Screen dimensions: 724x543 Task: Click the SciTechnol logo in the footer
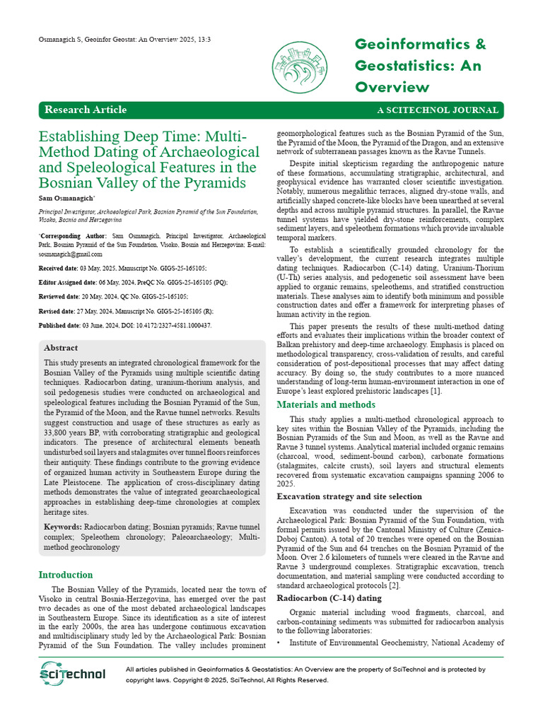pyautogui.click(x=73, y=675)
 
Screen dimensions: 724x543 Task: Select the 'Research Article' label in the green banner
pyautogui.click(x=86, y=110)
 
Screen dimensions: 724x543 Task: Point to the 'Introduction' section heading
pyautogui.click(x=66, y=575)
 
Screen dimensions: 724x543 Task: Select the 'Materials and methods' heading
pyautogui.click(x=326, y=404)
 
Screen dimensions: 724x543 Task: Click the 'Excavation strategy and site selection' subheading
pyautogui.click(x=349, y=496)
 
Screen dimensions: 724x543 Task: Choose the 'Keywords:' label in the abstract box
pyautogui.click(x=63, y=527)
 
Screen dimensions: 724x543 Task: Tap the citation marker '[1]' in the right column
pyautogui.click(x=436, y=391)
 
